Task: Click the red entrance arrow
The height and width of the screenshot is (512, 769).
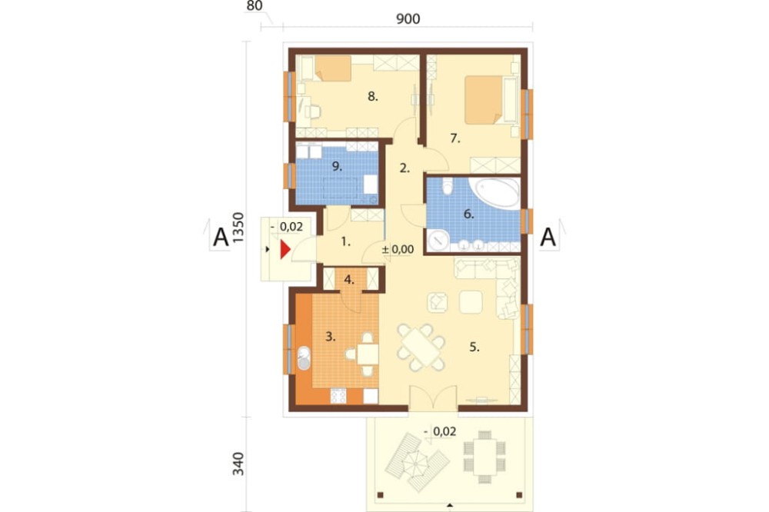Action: click(x=285, y=249)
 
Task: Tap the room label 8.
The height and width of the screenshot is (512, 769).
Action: click(x=373, y=97)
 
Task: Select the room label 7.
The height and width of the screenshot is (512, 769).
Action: click(x=455, y=139)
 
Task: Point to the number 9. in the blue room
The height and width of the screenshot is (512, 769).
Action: click(x=337, y=166)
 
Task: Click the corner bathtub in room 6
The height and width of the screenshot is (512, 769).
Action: click(x=494, y=193)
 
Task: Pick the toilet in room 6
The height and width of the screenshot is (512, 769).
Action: click(x=448, y=186)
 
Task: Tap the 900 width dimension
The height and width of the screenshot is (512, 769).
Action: click(x=408, y=18)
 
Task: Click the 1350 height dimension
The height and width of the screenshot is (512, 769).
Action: click(x=238, y=228)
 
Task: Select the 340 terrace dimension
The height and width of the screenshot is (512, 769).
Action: click(x=238, y=464)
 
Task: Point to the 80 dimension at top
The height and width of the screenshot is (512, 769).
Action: click(x=255, y=6)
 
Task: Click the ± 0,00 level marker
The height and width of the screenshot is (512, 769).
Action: click(x=398, y=250)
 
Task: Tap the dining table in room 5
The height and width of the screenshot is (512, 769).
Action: click(x=421, y=347)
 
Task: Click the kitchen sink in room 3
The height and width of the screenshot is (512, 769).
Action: click(x=304, y=358)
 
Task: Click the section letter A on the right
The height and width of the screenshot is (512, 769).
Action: click(x=548, y=238)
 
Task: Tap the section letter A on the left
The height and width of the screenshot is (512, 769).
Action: click(x=221, y=238)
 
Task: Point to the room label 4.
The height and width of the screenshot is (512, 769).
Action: click(x=349, y=280)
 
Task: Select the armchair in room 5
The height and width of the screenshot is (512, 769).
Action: click(x=438, y=302)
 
